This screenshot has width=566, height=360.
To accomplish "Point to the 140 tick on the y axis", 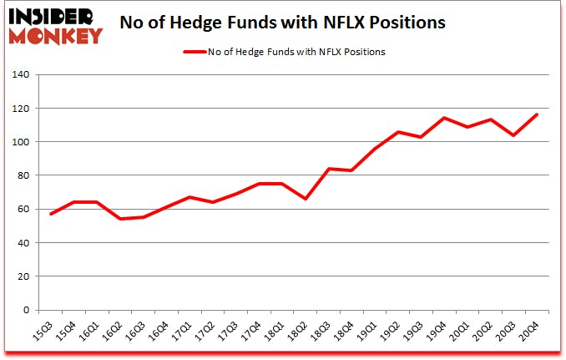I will (x=20, y=75).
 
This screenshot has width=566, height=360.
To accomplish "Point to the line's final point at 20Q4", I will (x=537, y=114).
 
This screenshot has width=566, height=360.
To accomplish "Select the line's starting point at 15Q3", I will (x=50, y=214).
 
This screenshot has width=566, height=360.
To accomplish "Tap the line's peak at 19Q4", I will (x=445, y=118).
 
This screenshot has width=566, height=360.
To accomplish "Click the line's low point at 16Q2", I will (x=119, y=219).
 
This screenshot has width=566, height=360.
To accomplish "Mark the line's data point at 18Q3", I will (x=330, y=169).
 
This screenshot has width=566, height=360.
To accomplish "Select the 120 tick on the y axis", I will (x=20, y=109).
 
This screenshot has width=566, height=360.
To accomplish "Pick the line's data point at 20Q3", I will (x=514, y=135).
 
